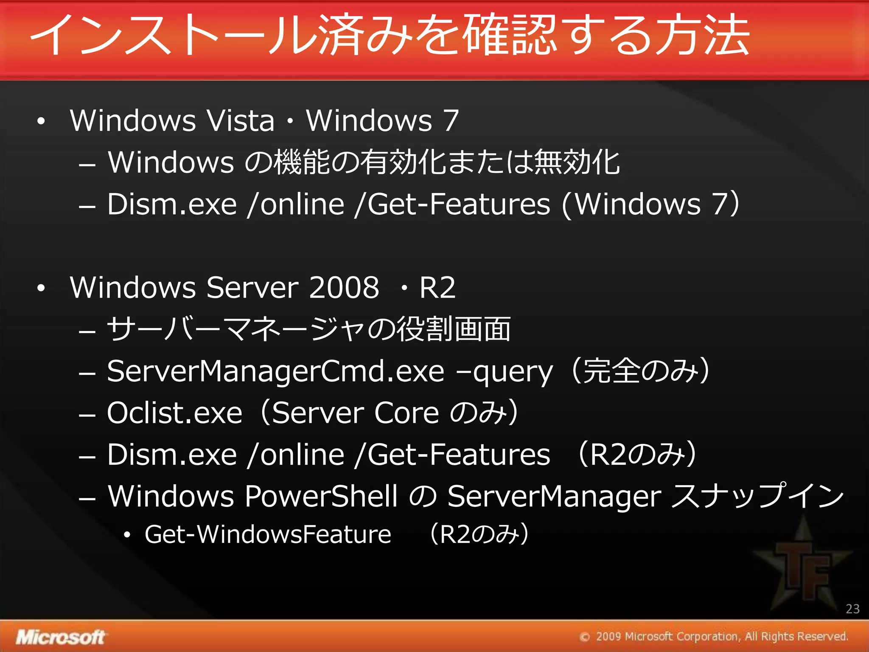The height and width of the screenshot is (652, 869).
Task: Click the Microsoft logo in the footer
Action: [60, 637]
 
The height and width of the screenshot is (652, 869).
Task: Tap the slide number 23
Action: [852, 609]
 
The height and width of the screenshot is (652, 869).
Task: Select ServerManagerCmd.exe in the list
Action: [275, 371]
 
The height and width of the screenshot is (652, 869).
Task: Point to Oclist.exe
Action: [174, 413]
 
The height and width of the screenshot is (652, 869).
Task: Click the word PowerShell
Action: [321, 496]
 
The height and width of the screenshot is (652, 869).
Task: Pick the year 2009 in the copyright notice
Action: [608, 637]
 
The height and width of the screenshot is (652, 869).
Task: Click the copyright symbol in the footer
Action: [585, 637]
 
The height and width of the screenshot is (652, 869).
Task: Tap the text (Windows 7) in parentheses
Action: [650, 205]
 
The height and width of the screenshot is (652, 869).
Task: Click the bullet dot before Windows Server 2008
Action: [41, 288]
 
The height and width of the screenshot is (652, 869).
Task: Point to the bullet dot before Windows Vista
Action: [41, 121]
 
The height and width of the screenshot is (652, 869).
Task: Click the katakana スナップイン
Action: [758, 496]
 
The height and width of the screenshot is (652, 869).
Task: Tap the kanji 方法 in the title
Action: [702, 35]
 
